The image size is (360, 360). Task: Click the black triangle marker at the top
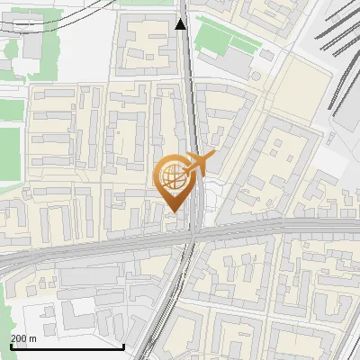pyautogui.click(x=181, y=23)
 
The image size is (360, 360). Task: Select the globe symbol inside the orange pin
pyautogui.click(x=173, y=177)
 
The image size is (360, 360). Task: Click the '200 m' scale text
pyautogui.click(x=23, y=337)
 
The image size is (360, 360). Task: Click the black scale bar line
pyautogui.click(x=67, y=346)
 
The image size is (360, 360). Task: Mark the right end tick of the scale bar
pyautogui.click(x=123, y=344)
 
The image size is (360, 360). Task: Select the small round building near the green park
pyautogui.click(x=266, y=55)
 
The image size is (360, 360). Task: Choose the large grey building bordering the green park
pyautogui.click(x=232, y=61)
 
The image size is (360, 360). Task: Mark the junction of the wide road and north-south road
pyautogui.click(x=193, y=236)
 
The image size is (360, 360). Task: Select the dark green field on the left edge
pyautogui.click(x=9, y=153)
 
